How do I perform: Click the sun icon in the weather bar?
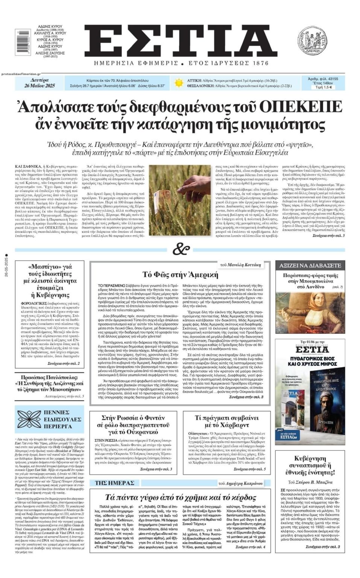coord(178,82)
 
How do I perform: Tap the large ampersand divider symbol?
coord(180,249)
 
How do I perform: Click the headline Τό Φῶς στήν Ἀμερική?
coord(180,274)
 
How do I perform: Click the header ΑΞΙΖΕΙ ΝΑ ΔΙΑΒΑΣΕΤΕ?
coord(310,265)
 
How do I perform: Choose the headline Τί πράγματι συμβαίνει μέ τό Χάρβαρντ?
coord(227,421)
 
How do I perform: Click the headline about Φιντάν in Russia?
coord(133,424)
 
